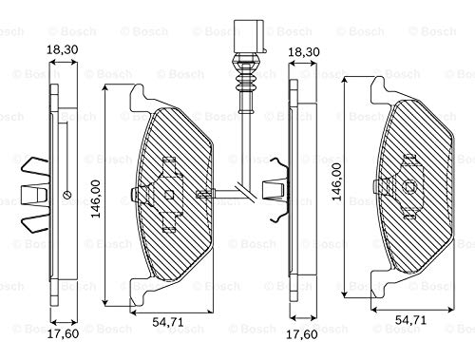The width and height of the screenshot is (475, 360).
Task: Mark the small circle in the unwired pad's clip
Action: [x=409, y=188]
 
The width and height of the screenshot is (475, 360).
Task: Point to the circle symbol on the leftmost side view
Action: [x=66, y=196]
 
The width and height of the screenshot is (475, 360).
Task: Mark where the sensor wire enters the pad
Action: [x=204, y=195]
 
